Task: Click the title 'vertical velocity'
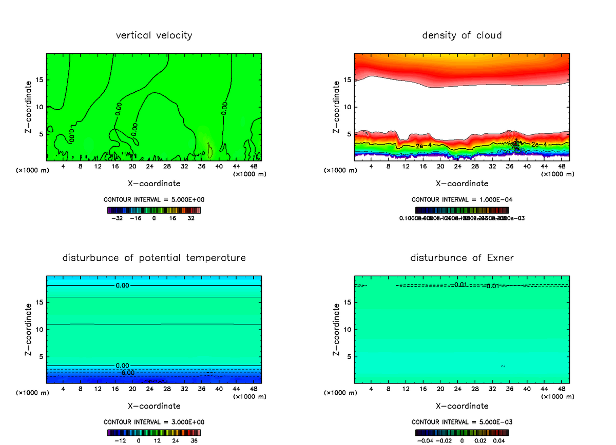click(x=154, y=35)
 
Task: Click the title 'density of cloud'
click(x=461, y=35)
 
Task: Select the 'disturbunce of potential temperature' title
click(x=154, y=257)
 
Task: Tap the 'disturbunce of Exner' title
click(x=461, y=257)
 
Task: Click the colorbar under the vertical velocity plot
click(x=154, y=210)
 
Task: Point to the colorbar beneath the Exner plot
click(x=461, y=432)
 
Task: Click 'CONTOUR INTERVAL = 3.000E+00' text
click(x=154, y=422)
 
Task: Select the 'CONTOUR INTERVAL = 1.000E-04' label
click(x=461, y=199)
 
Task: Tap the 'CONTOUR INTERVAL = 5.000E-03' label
click(x=461, y=422)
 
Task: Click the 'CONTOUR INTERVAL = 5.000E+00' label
click(x=154, y=199)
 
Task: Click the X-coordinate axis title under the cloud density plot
click(x=461, y=184)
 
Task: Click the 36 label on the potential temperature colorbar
click(x=195, y=440)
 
